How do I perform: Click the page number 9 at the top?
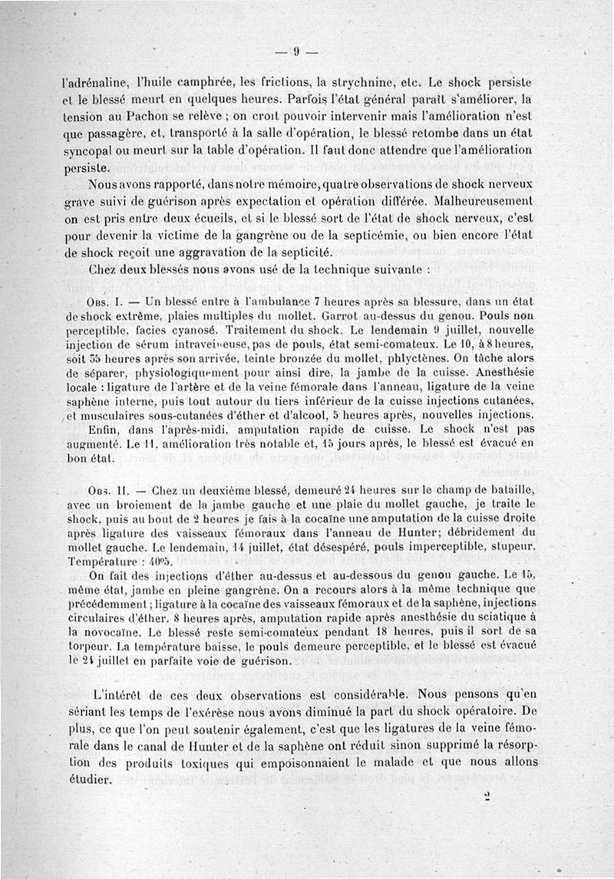[x=295, y=52]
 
